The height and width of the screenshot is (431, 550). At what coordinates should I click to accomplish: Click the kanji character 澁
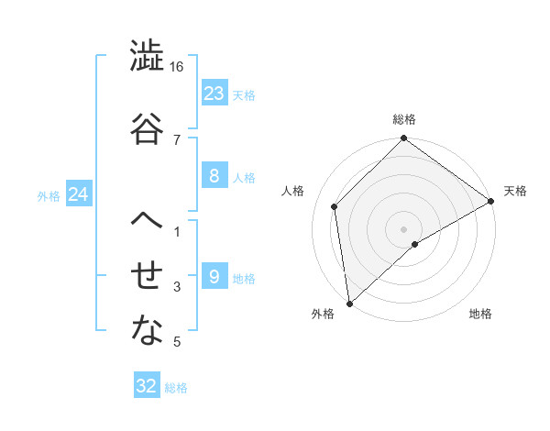click(147, 57)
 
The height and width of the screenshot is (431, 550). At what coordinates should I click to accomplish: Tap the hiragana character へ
click(147, 221)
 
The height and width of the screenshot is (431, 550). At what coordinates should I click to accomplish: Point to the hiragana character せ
click(147, 276)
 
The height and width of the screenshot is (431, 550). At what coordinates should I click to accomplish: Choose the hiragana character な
click(147, 331)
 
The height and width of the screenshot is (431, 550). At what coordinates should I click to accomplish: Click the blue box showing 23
click(214, 94)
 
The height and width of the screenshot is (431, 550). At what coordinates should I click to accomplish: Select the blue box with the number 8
click(214, 176)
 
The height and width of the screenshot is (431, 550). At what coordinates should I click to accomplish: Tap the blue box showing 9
click(214, 277)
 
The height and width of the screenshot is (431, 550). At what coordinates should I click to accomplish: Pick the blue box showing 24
click(79, 194)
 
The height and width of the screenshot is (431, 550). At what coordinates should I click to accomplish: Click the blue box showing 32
click(147, 386)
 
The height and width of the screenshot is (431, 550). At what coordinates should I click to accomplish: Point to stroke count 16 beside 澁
click(177, 67)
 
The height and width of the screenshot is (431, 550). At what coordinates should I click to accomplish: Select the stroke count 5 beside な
click(177, 342)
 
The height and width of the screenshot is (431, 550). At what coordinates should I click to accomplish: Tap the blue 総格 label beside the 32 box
click(176, 388)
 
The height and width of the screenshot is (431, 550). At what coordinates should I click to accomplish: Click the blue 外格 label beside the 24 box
click(49, 195)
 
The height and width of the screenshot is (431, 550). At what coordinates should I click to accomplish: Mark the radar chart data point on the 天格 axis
click(491, 201)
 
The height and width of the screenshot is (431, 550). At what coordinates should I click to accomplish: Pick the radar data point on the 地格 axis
click(415, 244)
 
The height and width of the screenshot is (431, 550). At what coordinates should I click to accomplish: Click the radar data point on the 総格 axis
click(403, 140)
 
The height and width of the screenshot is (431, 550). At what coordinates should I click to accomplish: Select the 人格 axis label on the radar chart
click(293, 191)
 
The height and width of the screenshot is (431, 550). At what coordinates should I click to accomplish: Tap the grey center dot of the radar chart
click(403, 228)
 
